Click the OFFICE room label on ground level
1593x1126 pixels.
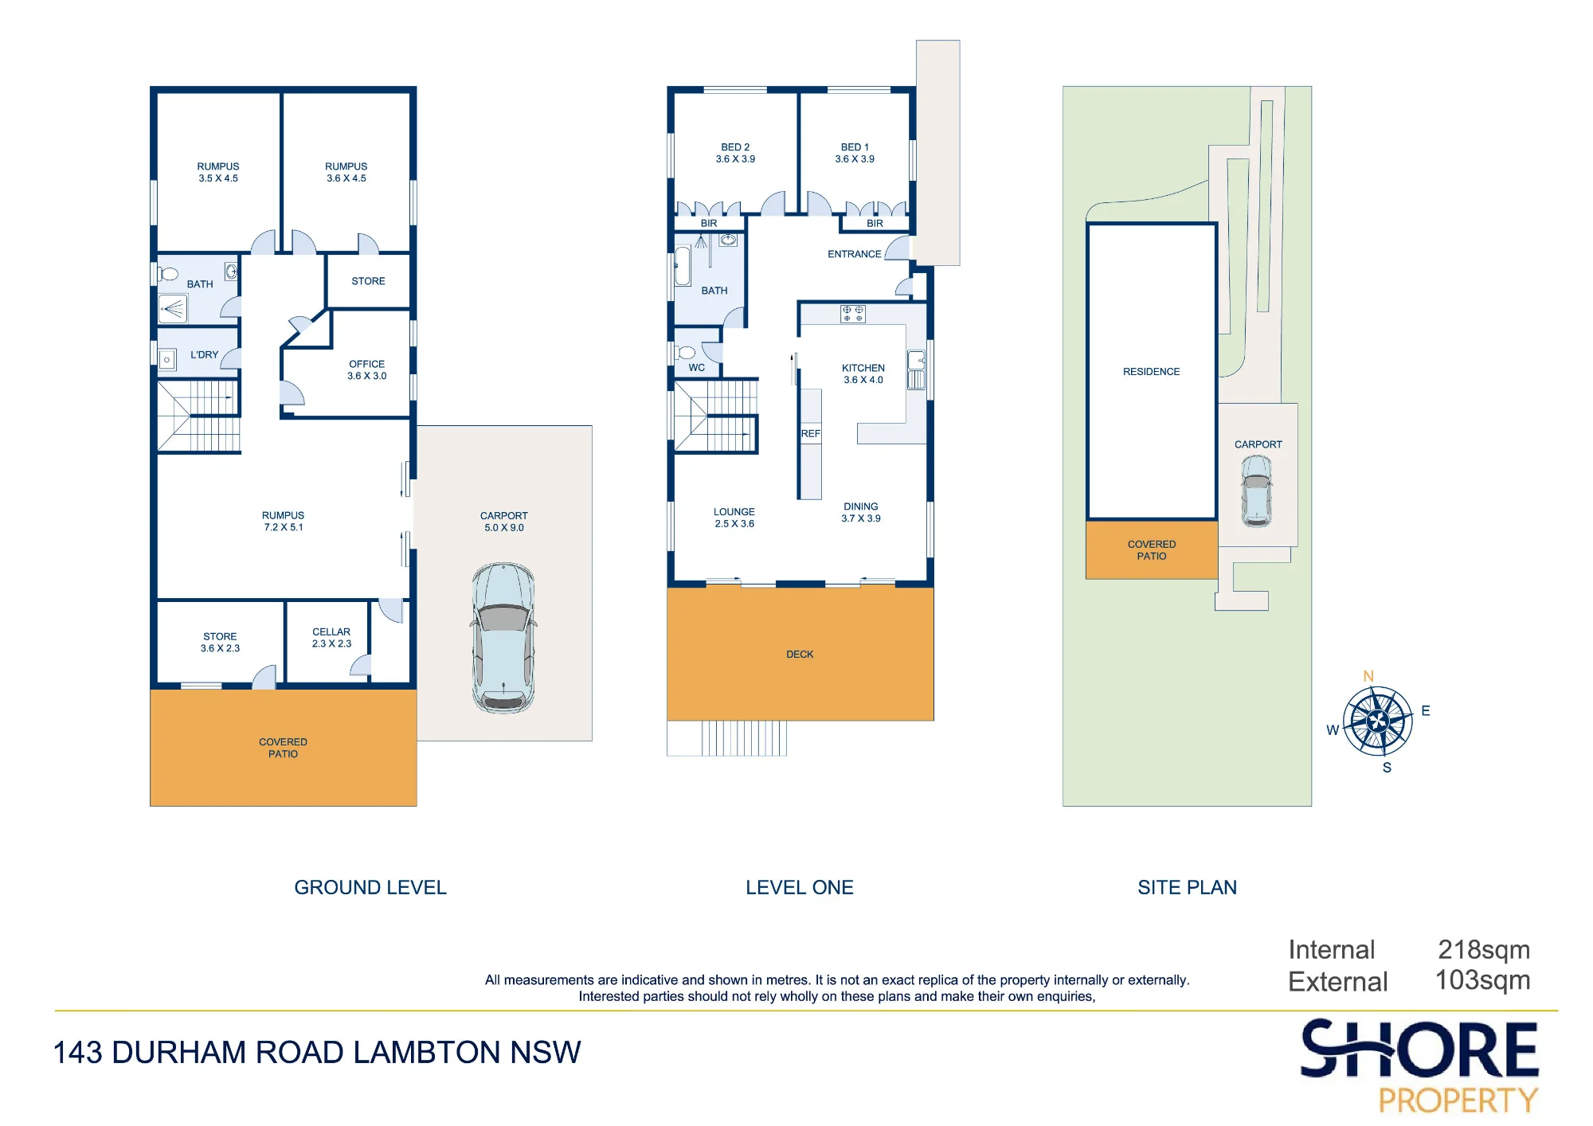[x=366, y=364]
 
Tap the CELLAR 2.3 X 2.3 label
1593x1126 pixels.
[x=331, y=638]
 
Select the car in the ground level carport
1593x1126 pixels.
[x=503, y=638]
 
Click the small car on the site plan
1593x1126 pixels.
[x=1256, y=491]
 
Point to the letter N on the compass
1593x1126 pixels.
[x=1368, y=676]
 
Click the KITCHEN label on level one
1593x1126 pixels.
[x=863, y=368]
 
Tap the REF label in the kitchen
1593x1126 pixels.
[x=811, y=434]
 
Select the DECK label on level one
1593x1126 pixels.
[x=800, y=655]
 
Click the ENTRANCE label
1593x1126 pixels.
[x=855, y=254]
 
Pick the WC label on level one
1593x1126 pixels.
[x=697, y=368]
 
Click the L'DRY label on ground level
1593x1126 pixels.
[x=204, y=355]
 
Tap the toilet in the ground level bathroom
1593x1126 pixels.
[x=168, y=274]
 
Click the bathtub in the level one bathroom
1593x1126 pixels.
[x=683, y=266]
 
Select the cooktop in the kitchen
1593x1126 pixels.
[x=853, y=314]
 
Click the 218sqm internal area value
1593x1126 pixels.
[x=1484, y=950]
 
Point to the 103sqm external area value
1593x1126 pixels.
[x=1482, y=980]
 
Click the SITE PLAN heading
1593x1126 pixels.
[x=1187, y=888]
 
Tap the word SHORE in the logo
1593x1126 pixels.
[x=1419, y=1050]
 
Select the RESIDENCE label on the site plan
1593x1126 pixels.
[x=1151, y=372]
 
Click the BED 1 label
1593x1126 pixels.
[x=855, y=147]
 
